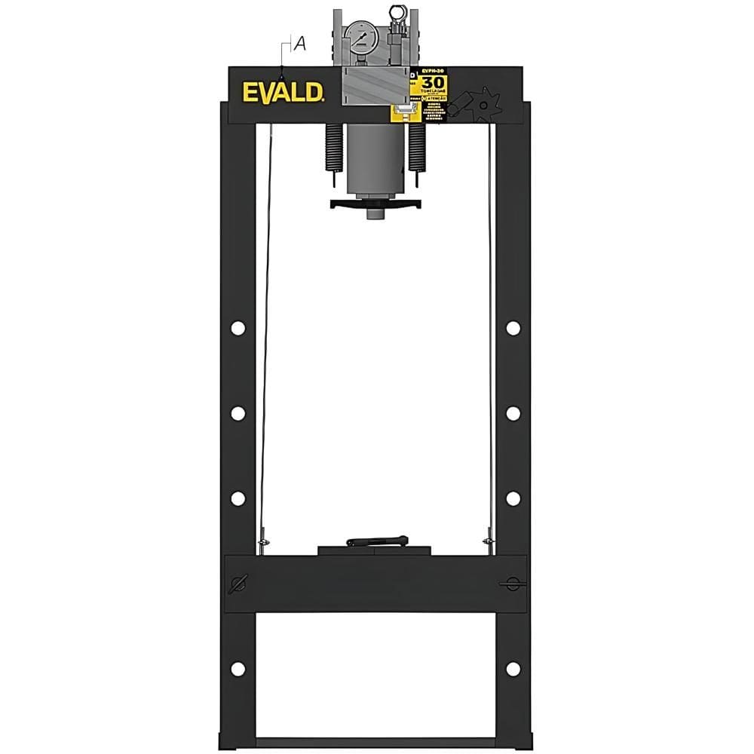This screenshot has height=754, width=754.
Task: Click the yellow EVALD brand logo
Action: tap(284, 91)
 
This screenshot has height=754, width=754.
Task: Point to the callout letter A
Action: tap(299, 44)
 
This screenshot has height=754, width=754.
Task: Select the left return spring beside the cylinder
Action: tap(333, 147)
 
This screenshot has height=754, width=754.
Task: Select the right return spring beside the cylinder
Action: tap(415, 147)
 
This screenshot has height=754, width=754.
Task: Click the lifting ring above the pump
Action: tap(397, 12)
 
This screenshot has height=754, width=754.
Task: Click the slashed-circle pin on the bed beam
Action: tap(239, 583)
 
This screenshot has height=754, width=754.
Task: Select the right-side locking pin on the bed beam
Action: tap(512, 584)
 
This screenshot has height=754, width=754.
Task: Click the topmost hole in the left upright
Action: tap(238, 328)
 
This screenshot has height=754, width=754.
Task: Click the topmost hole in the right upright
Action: tap(513, 328)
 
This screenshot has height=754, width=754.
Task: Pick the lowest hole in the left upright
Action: tap(238, 669)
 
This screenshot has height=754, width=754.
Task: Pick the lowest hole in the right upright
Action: tap(513, 669)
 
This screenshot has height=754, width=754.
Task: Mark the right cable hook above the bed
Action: tap(489, 541)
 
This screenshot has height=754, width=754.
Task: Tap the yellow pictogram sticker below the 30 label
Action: tap(405, 113)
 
